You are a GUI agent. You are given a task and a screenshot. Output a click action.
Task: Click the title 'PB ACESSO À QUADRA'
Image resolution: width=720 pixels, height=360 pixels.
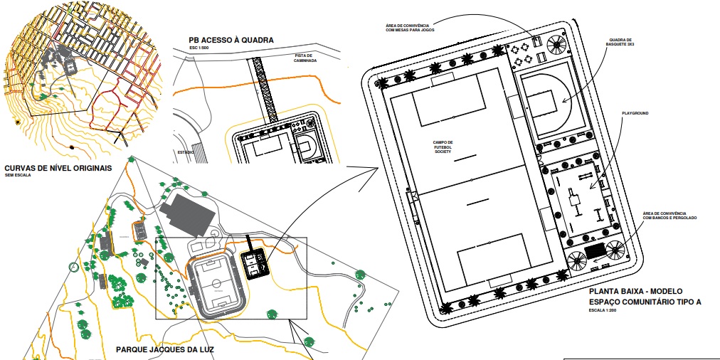[231, 41]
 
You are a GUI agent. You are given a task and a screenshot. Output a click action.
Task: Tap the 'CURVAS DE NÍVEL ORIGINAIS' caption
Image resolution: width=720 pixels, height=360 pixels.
[58, 168]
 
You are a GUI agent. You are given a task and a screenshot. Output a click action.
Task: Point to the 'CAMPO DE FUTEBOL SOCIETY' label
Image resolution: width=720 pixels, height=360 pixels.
[443, 147]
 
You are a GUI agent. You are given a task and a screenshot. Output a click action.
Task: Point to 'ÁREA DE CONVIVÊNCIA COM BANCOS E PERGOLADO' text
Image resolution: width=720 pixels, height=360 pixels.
[669, 215]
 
